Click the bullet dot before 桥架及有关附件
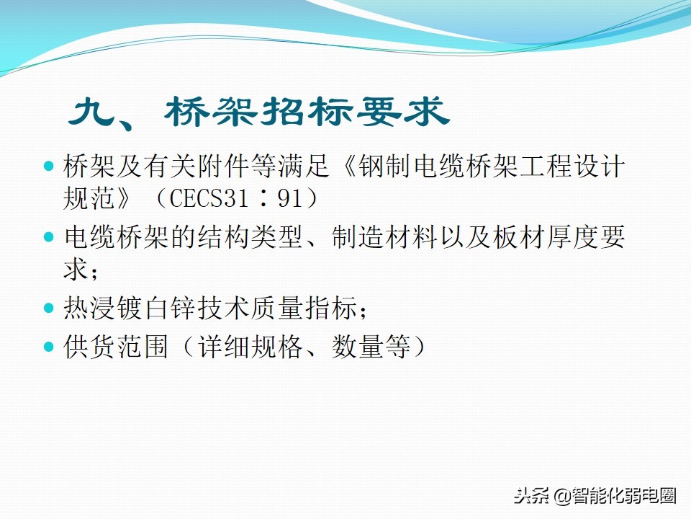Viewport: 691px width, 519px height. pos(49,167)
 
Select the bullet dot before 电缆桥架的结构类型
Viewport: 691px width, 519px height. pos(49,237)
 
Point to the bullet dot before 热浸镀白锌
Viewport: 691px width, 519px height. pos(49,308)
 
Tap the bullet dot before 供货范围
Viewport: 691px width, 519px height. pos(49,347)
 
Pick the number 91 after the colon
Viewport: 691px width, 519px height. pos(290,198)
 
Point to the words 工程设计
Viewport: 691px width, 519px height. pos(572,167)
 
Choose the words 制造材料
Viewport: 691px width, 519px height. pos(384,237)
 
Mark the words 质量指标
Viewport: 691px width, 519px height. pos(304,308)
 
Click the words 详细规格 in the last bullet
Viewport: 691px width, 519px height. pos(250,347)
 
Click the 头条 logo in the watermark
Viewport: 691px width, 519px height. pos(531,496)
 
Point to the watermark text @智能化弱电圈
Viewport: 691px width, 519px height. pos(614,496)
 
